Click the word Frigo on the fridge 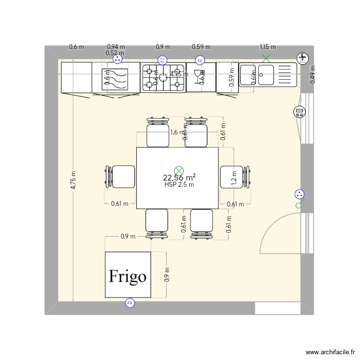coord(128,276)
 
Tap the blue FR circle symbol coord(129,303)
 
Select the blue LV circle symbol coord(200,60)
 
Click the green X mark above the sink coord(265,59)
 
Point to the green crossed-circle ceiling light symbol coord(179,170)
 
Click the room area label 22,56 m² coord(179,178)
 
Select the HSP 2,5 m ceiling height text coord(179,185)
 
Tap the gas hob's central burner coord(163,78)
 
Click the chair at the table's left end coord(120,176)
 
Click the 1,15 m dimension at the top coord(268,47)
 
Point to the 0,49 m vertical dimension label coord(312,75)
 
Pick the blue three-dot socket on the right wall coord(299,194)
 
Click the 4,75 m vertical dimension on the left coord(73,180)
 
